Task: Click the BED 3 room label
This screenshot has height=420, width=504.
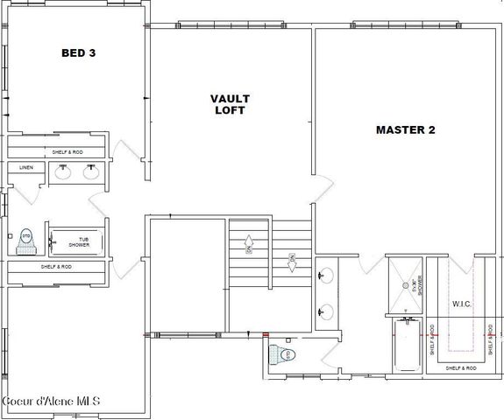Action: tap(78, 53)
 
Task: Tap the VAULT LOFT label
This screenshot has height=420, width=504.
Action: tap(230, 104)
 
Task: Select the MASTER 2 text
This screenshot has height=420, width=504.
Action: tap(406, 130)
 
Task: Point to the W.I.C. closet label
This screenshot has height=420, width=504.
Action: tap(463, 304)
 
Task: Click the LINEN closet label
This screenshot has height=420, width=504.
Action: tap(26, 168)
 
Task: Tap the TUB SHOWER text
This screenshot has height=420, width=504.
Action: tap(79, 241)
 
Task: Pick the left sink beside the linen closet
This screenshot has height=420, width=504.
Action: tap(63, 172)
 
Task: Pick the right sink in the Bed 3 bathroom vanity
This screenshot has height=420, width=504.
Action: tap(90, 172)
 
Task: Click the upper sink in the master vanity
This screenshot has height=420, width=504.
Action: tap(326, 275)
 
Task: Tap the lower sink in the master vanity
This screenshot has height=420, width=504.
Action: tap(326, 310)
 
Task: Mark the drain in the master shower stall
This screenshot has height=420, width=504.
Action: tap(406, 308)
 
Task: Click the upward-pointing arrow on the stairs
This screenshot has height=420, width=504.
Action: tap(249, 241)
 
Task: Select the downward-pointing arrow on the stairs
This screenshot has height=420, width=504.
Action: tap(292, 260)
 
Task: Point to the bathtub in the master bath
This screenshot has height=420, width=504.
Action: tap(407, 353)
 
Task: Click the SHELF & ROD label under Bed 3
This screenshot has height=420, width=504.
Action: tap(60, 152)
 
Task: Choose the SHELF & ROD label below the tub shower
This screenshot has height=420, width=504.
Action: tap(56, 266)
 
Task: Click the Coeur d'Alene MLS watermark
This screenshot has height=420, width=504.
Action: tap(51, 401)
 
